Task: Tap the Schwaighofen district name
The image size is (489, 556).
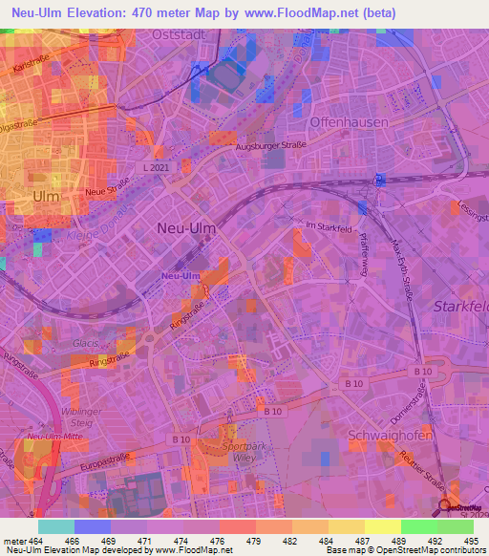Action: [391, 435]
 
